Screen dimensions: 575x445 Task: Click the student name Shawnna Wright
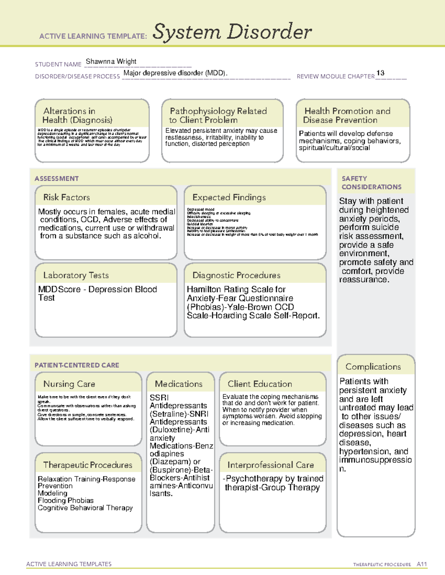tap(111, 61)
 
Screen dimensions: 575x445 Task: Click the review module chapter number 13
tap(380, 73)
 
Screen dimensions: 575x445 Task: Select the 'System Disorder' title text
tap(232, 32)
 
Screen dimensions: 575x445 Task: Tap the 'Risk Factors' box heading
tap(66, 197)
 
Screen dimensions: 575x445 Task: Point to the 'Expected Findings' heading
tap(229, 197)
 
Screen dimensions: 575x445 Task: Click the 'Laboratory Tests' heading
tap(76, 275)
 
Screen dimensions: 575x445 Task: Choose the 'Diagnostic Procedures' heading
tap(236, 275)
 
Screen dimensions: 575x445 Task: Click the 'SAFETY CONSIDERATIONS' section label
tap(371, 183)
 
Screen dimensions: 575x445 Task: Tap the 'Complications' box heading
tap(373, 367)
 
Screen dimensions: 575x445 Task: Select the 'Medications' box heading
tap(178, 384)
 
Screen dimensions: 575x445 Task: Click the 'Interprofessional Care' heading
tap(270, 465)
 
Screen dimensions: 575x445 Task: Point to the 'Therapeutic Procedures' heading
tap(88, 465)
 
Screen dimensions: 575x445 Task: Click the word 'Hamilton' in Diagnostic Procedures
tap(203, 289)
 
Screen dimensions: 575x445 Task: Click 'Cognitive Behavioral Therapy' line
tap(85, 508)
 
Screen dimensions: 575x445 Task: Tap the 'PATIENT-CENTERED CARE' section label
tap(77, 365)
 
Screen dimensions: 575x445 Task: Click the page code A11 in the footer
tap(422, 564)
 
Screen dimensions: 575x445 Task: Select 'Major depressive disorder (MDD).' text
tap(175, 73)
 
